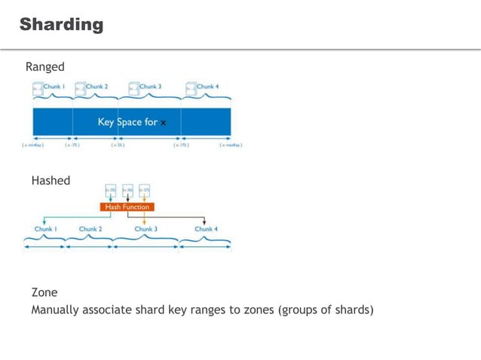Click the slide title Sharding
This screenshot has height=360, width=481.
tap(61, 24)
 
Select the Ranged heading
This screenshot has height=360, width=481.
tap(45, 67)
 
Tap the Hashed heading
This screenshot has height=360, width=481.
tap(51, 181)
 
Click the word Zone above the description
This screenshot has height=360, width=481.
tap(44, 292)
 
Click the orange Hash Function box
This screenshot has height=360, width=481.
tap(127, 206)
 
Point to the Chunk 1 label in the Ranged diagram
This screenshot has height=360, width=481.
tap(54, 87)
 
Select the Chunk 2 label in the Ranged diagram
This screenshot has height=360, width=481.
tap(97, 87)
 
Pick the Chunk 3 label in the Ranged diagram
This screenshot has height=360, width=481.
tap(150, 87)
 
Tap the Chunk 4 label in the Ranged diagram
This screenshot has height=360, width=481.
tap(207, 87)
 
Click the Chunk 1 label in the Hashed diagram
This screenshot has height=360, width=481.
tap(45, 229)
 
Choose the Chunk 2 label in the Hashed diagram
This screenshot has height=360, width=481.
tap(90, 229)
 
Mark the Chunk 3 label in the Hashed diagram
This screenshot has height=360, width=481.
tap(146, 229)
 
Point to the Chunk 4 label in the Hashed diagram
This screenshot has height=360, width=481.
tap(206, 229)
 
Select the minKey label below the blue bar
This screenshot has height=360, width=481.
tap(33, 145)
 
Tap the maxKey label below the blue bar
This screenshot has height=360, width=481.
tap(231, 145)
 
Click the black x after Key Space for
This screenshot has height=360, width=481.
tap(164, 122)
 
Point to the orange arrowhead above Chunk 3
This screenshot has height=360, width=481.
tap(144, 221)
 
